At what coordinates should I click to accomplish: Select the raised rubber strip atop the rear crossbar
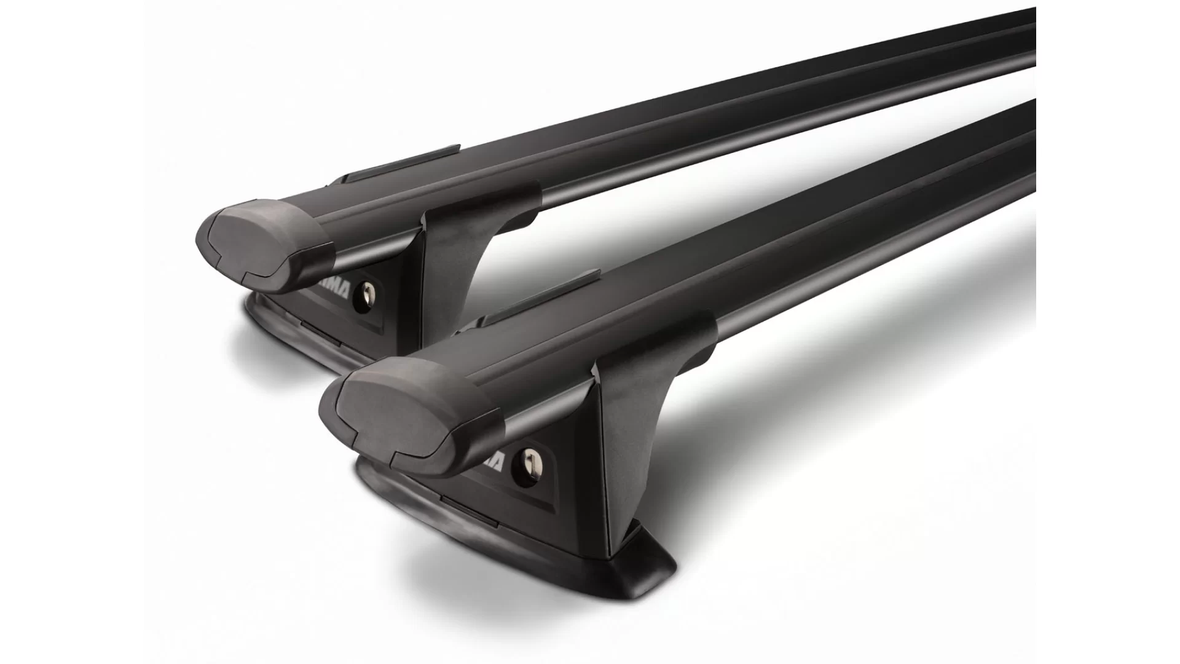click(399, 163)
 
